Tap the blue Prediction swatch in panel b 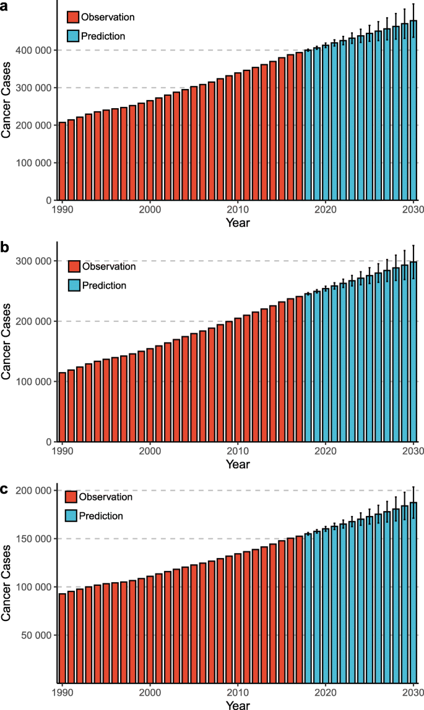coord(74,285)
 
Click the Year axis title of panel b coord(238,463)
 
